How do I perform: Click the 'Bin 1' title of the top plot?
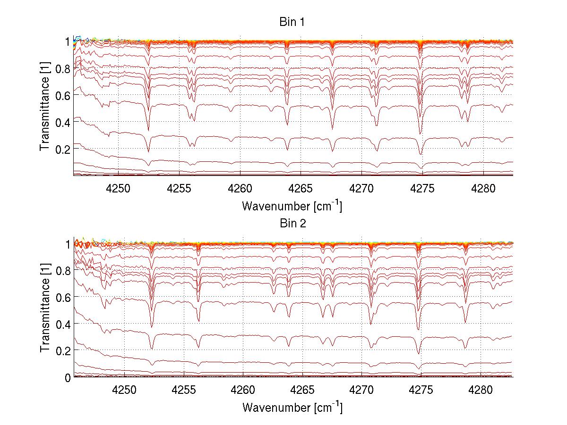click(292, 22)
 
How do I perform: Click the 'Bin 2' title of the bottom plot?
click(292, 224)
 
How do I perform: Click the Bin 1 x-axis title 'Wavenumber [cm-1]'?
click(292, 206)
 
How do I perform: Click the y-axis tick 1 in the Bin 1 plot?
click(68, 42)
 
